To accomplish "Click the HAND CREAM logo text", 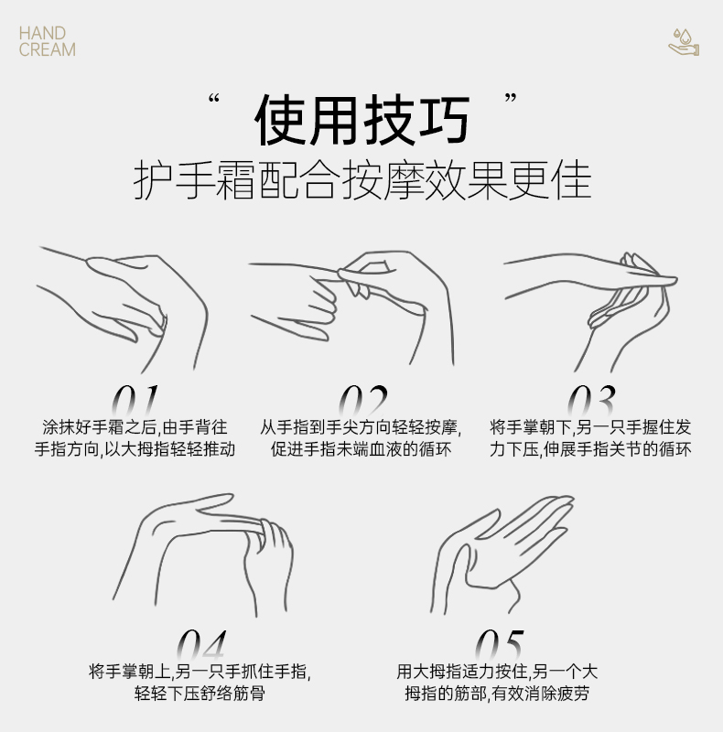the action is click(x=48, y=41).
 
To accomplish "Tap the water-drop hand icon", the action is click(x=684, y=42).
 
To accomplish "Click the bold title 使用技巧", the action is click(x=362, y=121).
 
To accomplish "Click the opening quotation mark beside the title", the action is click(x=214, y=99).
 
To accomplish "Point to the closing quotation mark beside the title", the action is click(x=511, y=98).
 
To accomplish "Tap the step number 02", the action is click(x=363, y=401).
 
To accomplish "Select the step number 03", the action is click(x=591, y=401).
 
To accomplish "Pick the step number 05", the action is click(x=500, y=644).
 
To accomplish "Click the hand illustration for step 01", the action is click(x=123, y=309).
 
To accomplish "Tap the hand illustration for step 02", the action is click(x=351, y=308).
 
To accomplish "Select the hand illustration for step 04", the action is click(x=202, y=555).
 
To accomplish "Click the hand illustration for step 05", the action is click(x=502, y=555).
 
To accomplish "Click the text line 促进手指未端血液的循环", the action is click(x=361, y=449).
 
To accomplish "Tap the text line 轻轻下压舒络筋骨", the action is click(x=200, y=694).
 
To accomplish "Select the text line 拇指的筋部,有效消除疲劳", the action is click(x=497, y=694).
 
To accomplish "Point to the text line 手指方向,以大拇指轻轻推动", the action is click(x=135, y=449).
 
